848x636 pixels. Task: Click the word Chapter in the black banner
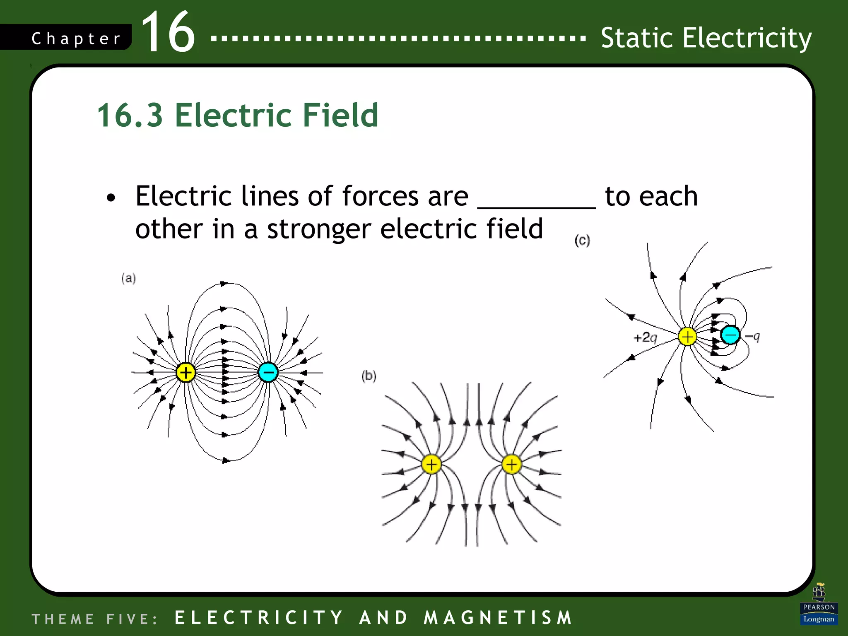pyautogui.click(x=76, y=39)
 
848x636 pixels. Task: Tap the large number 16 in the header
pyautogui.click(x=168, y=32)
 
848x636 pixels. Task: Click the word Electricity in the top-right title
pyautogui.click(x=747, y=38)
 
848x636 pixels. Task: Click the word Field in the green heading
pyautogui.click(x=340, y=115)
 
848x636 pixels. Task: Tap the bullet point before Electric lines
pyautogui.click(x=111, y=198)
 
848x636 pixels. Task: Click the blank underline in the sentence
pyautogui.click(x=536, y=206)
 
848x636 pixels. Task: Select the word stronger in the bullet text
pyautogui.click(x=319, y=229)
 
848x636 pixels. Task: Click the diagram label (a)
pyautogui.click(x=128, y=278)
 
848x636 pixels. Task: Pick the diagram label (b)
pyautogui.click(x=369, y=376)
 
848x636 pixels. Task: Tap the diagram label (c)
pyautogui.click(x=582, y=240)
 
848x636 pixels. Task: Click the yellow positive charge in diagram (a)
pyautogui.click(x=185, y=372)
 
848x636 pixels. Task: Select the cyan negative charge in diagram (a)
pyautogui.click(x=268, y=372)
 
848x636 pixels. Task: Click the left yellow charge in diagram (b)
pyautogui.click(x=431, y=464)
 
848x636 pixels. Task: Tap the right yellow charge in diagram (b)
pyautogui.click(x=511, y=464)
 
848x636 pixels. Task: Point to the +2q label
pyautogui.click(x=645, y=337)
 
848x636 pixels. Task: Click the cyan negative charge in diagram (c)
pyautogui.click(x=730, y=335)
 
